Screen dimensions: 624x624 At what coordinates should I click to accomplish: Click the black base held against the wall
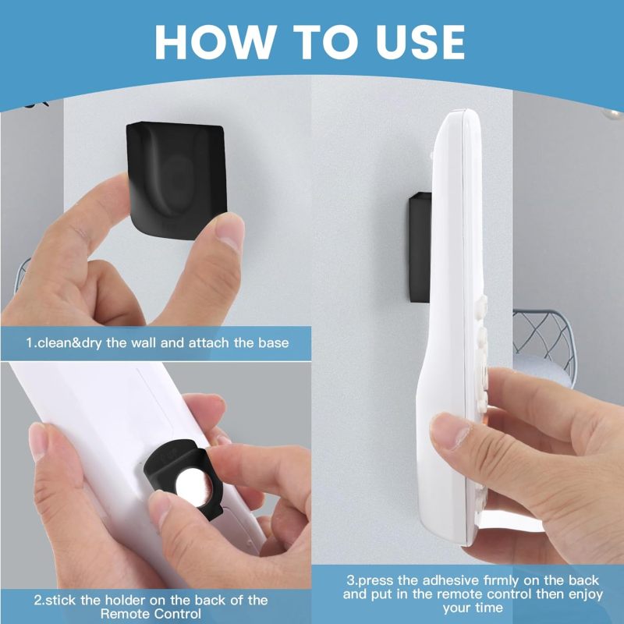[177, 180]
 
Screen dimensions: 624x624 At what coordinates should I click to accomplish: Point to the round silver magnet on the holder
[193, 487]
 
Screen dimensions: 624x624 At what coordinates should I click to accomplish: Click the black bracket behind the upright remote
[420, 247]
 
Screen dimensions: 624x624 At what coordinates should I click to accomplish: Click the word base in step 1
[274, 342]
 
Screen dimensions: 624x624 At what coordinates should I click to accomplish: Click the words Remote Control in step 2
[151, 613]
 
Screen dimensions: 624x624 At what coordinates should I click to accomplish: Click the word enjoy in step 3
[586, 594]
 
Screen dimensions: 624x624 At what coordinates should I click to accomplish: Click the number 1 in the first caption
[29, 342]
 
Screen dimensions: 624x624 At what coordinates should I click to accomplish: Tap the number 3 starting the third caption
[350, 580]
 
